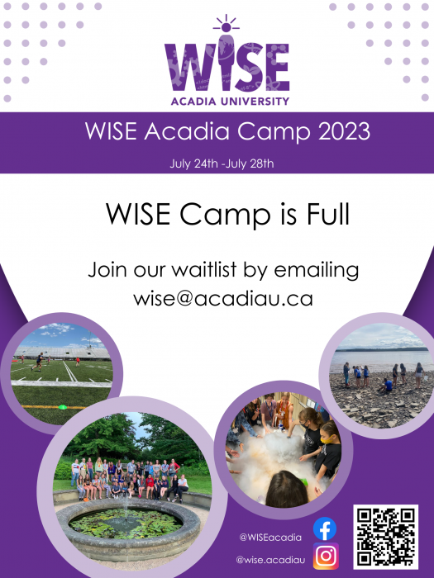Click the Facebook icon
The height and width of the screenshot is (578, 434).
(x=325, y=528)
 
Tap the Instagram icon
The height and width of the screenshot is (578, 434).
(x=326, y=556)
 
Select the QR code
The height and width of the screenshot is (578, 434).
(x=386, y=537)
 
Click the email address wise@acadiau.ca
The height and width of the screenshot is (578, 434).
(x=223, y=298)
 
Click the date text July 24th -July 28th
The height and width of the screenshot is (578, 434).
(x=222, y=163)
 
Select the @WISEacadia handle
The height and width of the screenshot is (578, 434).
(x=270, y=537)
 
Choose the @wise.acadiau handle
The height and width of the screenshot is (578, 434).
(x=270, y=560)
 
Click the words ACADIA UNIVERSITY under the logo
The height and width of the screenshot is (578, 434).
(x=230, y=101)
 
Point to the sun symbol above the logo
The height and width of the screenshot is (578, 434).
(x=227, y=24)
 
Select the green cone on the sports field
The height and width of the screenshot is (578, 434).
(x=63, y=407)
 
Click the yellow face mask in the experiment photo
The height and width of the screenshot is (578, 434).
(x=327, y=439)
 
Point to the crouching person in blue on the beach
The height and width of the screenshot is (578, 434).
(x=387, y=386)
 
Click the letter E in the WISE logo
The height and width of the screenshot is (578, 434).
(x=276, y=67)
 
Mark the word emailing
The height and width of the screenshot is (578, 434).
(x=317, y=270)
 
